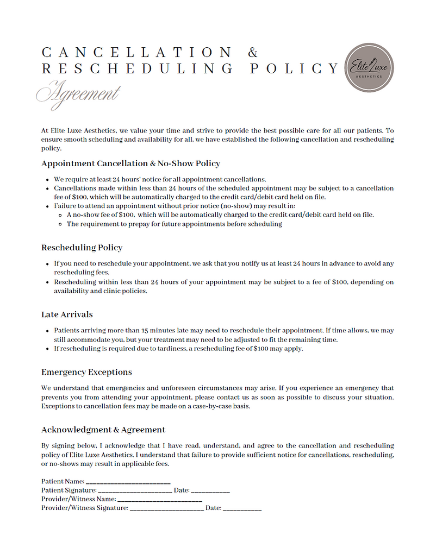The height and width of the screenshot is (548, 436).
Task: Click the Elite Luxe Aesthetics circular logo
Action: (369, 67)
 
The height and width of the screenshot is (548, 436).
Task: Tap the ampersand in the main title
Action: (253, 53)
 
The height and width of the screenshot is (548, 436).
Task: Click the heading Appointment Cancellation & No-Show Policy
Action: (130, 163)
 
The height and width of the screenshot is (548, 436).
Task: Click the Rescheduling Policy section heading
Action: (82, 248)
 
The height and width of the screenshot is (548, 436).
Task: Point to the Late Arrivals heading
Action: (67, 314)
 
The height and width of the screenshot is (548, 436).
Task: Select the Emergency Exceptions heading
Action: (86, 372)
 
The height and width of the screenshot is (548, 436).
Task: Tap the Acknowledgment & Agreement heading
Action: (103, 430)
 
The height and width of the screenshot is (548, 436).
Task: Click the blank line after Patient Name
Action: (128, 482)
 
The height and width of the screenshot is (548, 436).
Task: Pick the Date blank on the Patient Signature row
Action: (210, 490)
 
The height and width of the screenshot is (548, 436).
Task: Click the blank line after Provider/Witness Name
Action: (160, 499)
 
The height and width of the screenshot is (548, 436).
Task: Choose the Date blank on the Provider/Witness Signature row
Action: (242, 508)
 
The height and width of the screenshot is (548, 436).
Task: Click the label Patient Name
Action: (63, 481)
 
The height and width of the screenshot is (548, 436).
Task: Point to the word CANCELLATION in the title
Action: (136, 53)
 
